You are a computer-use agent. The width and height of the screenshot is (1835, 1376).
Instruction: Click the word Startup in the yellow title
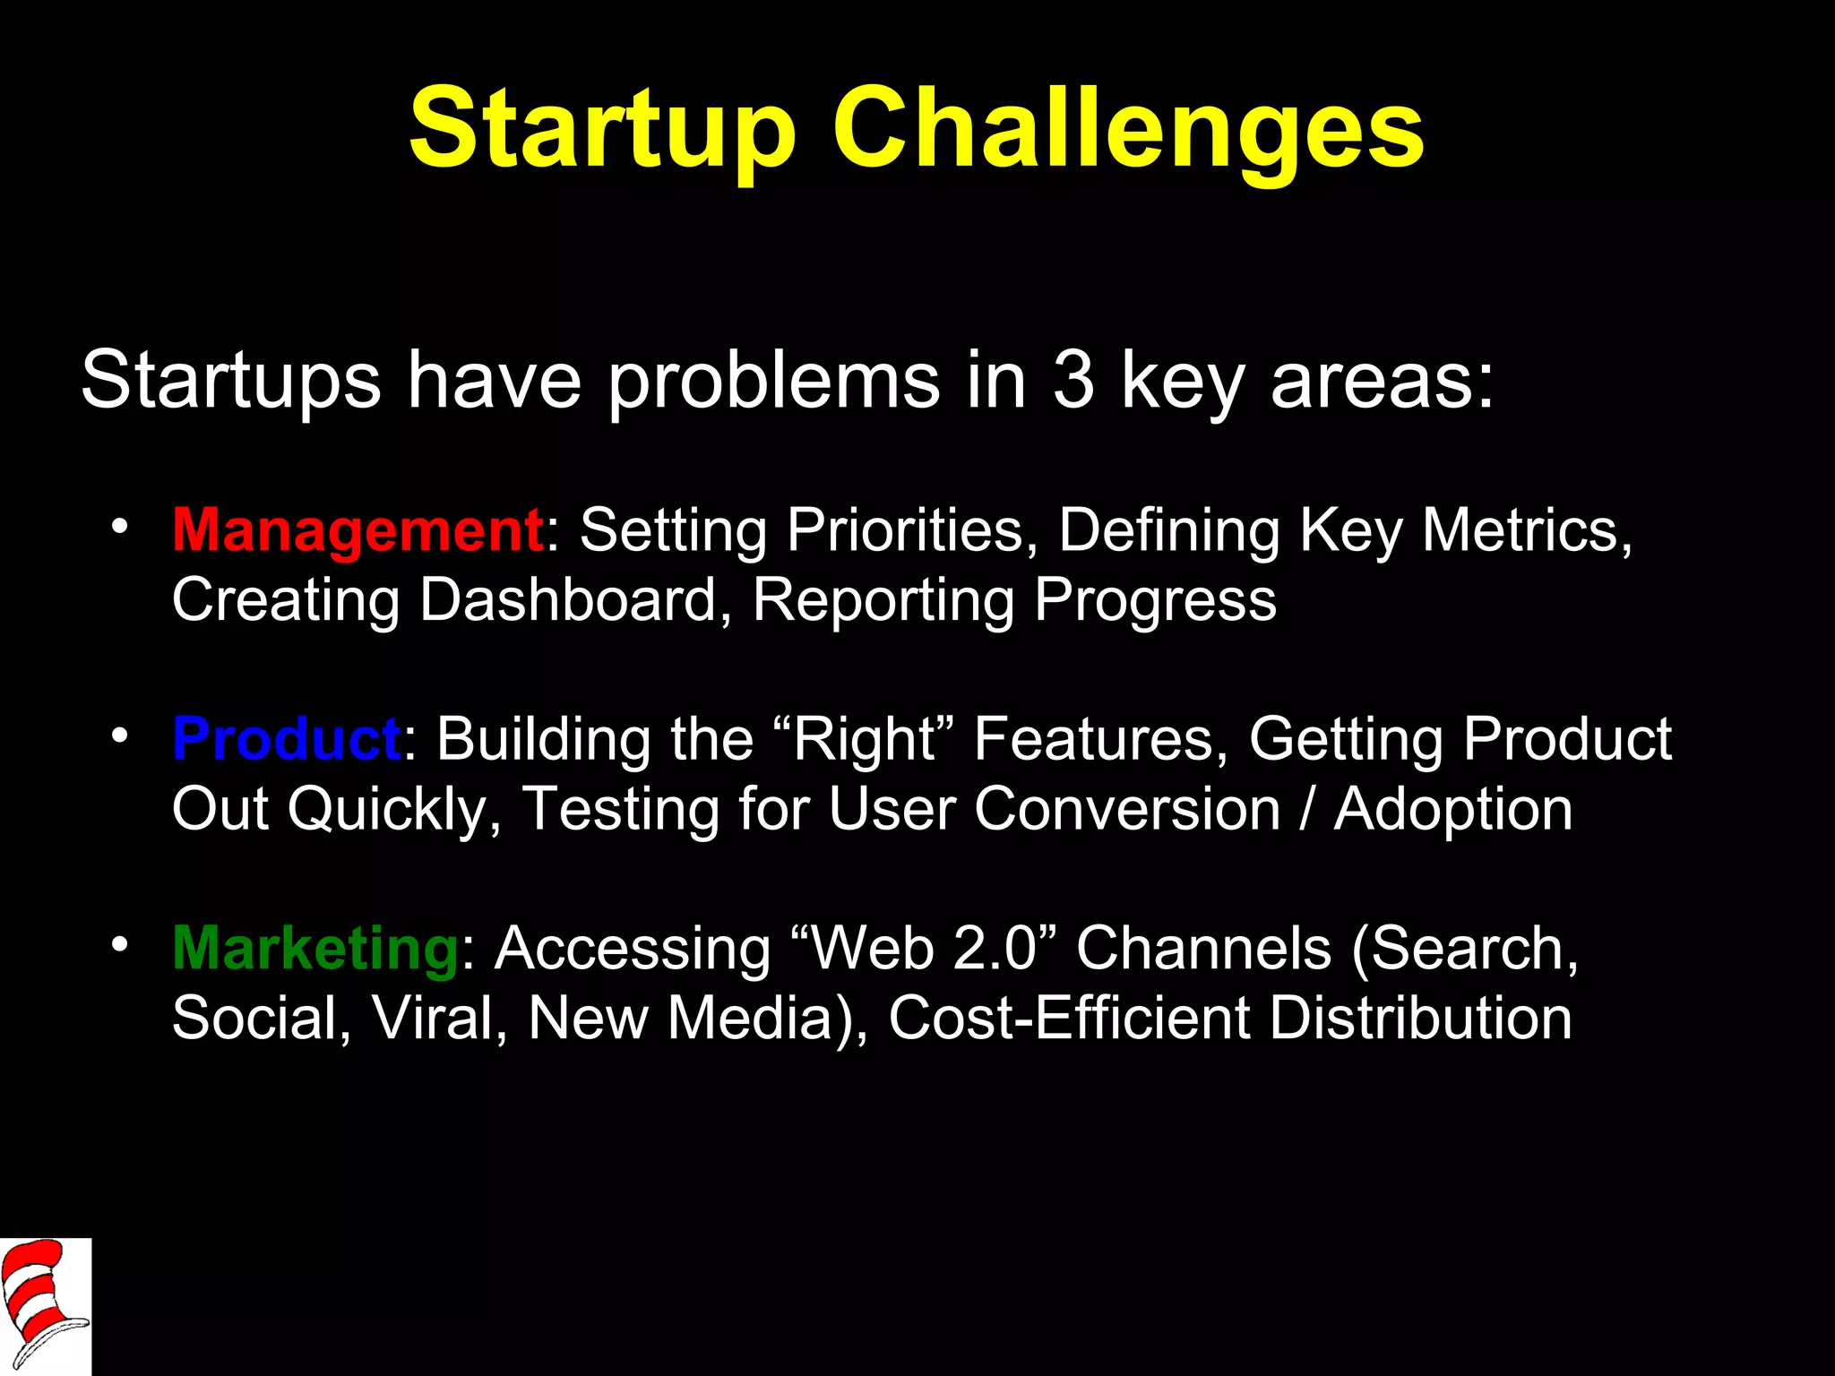pos(602,130)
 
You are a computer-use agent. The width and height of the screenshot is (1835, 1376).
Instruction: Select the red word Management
pos(357,530)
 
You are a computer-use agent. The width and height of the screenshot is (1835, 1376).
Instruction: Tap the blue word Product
pos(286,739)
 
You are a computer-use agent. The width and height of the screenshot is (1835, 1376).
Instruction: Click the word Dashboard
pos(569,599)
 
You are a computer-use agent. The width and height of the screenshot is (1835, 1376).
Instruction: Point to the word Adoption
pos(1452,809)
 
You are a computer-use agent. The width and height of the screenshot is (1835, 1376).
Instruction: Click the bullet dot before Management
pos(120,526)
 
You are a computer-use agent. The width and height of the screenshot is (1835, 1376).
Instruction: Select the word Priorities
pos(904,530)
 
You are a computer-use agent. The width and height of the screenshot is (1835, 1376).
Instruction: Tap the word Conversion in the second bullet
pos(1126,809)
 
